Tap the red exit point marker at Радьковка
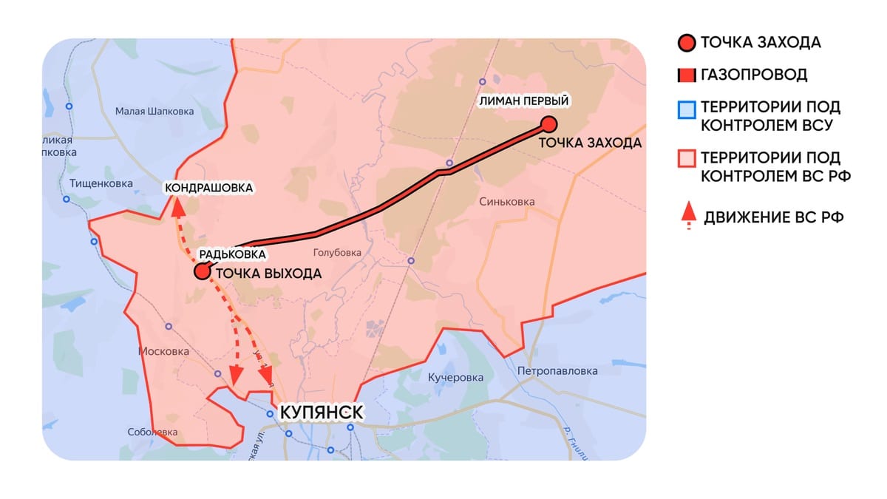pyautogui.click(x=201, y=272)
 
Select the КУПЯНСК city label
pyautogui.click(x=320, y=411)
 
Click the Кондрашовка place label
pyautogui.click(x=209, y=188)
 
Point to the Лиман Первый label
pyautogui.click(x=525, y=101)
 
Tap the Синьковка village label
pyautogui.click(x=506, y=202)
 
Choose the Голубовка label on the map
pyautogui.click(x=337, y=252)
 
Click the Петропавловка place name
pyautogui.click(x=557, y=371)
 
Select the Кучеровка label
pyautogui.click(x=455, y=378)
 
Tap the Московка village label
pyautogui.click(x=164, y=352)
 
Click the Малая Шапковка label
pyautogui.click(x=154, y=112)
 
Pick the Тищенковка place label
pyautogui.click(x=101, y=183)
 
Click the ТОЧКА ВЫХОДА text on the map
pyautogui.click(x=268, y=273)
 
